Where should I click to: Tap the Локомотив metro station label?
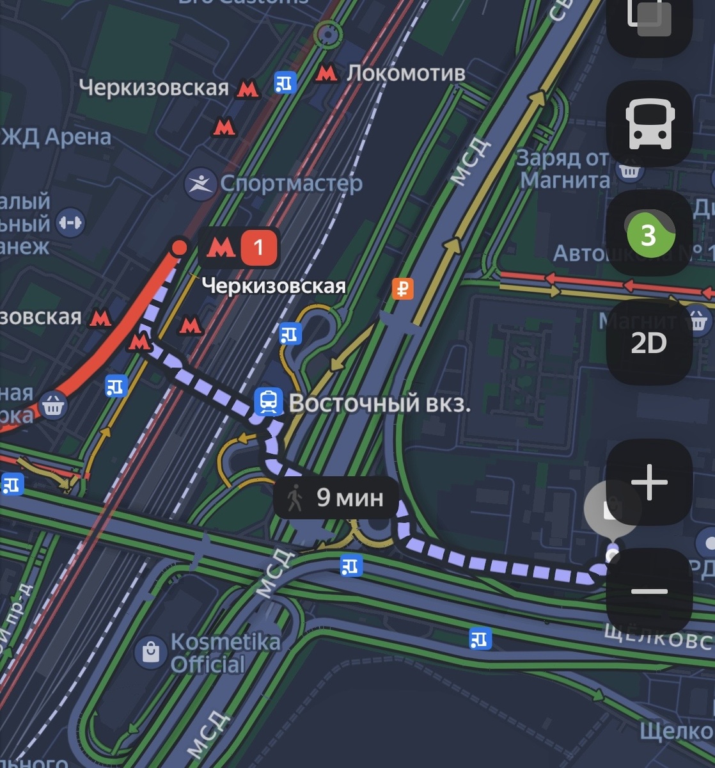click(x=405, y=74)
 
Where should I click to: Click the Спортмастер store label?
click(x=291, y=184)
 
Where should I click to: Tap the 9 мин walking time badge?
click(x=336, y=497)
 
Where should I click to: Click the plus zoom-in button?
click(x=648, y=482)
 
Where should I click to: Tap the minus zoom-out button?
click(x=648, y=591)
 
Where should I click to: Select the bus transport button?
click(x=648, y=124)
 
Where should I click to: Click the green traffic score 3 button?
click(x=648, y=235)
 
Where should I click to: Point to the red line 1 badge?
click(x=258, y=247)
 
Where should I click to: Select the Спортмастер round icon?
click(x=201, y=184)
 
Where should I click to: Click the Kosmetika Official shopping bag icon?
click(x=152, y=652)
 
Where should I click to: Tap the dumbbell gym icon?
click(x=70, y=223)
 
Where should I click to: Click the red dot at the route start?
click(x=180, y=247)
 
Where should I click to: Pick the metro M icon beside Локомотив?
click(x=326, y=74)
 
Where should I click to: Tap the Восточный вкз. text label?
click(x=380, y=403)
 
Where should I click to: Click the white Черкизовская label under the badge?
click(x=274, y=285)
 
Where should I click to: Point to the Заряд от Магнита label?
click(x=563, y=169)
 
